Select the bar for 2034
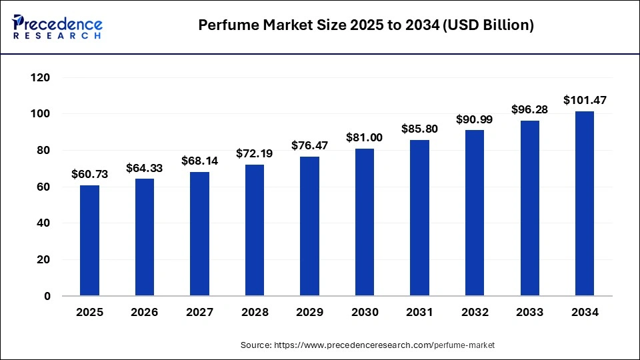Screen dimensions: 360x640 coord(584,203)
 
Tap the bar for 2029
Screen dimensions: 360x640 coord(309,226)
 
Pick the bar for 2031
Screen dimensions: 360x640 coord(419,217)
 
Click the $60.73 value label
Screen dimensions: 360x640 coord(89,175)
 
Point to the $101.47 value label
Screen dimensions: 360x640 coord(584,101)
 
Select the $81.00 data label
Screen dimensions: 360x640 coord(364,137)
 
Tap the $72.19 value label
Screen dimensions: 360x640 coord(254,153)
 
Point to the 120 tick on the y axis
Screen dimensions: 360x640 coord(41,78)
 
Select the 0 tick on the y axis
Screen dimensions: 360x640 coord(47,296)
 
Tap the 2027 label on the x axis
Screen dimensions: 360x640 coord(199,312)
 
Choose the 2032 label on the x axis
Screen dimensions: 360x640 coord(474,312)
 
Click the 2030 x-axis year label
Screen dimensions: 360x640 coord(364,312)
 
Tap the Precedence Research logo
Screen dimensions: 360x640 coord(57,27)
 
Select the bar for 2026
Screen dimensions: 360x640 coord(145,237)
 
